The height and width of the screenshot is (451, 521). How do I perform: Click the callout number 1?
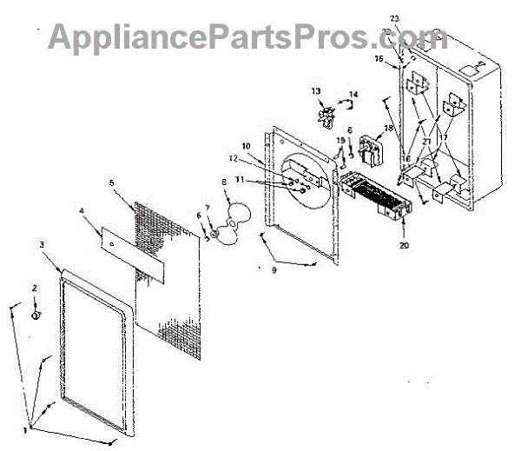[x=25, y=429]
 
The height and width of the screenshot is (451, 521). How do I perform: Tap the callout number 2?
[x=35, y=287]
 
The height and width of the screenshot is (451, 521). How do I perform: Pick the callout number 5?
[x=112, y=183]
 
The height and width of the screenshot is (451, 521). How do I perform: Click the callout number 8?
[x=223, y=182]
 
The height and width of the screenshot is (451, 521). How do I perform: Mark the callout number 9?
[x=274, y=271]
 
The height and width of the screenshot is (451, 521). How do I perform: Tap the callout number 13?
[x=316, y=90]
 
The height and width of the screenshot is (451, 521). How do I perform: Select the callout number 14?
[x=353, y=94]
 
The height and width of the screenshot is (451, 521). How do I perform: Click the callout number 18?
[x=388, y=128]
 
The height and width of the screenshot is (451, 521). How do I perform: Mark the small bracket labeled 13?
[x=327, y=116]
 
